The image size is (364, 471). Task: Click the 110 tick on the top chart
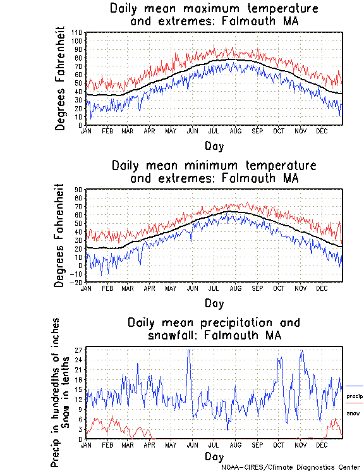click(77, 32)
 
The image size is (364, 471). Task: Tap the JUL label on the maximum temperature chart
click(213, 131)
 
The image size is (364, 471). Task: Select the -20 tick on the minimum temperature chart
click(77, 282)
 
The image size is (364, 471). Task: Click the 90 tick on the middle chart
click(79, 189)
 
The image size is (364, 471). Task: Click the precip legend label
click(355, 396)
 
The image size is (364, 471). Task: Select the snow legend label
click(353, 413)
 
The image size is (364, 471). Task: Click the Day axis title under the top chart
click(214, 145)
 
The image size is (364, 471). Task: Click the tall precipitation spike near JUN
click(188, 352)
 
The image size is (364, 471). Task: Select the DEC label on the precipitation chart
click(322, 444)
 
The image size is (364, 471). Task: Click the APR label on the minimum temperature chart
click(150, 288)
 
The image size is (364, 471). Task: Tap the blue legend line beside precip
click(355, 386)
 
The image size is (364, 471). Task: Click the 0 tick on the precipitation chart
click(81, 438)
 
